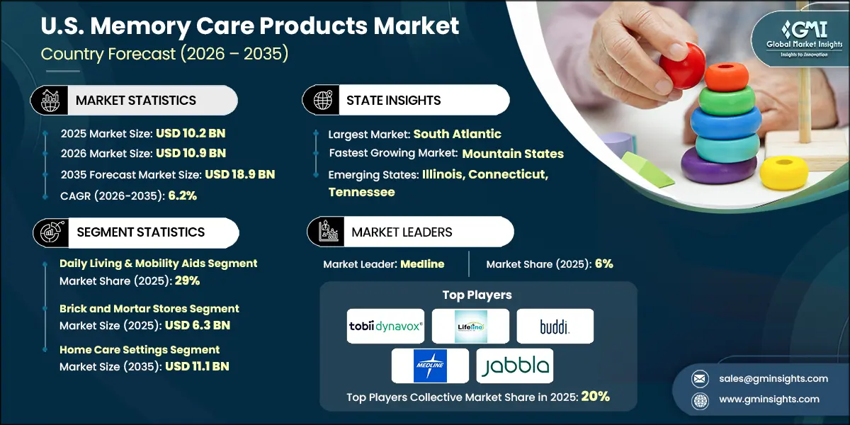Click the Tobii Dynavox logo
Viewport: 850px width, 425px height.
click(x=385, y=326)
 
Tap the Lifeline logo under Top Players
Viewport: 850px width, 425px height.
click(x=470, y=326)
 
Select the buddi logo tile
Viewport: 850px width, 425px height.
click(x=555, y=326)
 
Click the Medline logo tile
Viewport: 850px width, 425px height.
click(x=430, y=365)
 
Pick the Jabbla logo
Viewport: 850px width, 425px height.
click(x=514, y=365)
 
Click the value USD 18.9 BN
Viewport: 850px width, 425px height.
click(x=239, y=174)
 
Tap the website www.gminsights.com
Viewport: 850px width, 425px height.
click(x=769, y=399)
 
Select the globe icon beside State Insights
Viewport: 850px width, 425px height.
click(x=322, y=101)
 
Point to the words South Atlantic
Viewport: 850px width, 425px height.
click(x=457, y=134)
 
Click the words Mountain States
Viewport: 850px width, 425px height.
click(x=513, y=154)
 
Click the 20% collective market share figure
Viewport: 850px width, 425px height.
click(x=595, y=397)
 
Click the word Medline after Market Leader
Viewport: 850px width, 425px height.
click(x=422, y=264)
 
